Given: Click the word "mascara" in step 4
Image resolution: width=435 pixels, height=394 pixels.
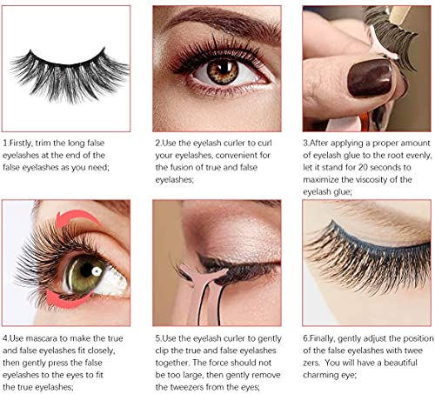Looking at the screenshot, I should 54,335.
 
